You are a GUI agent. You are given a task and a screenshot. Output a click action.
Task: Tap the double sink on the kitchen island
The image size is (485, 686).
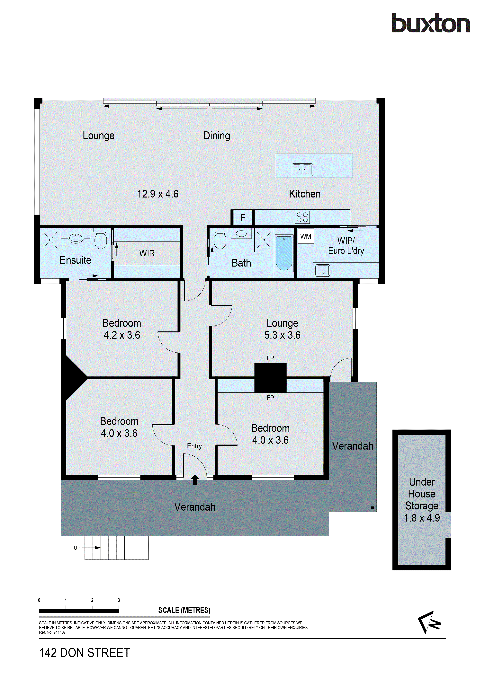(302, 170)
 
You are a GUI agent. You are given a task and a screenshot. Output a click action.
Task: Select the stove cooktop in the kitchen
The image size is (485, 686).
(302, 217)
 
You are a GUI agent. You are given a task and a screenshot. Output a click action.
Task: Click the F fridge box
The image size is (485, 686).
(243, 217)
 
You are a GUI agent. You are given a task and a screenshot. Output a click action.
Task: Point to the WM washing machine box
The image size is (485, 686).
(305, 236)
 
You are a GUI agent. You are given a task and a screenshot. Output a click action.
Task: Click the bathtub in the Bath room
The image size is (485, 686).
(284, 253)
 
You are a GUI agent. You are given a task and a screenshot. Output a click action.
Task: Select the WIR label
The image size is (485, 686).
(147, 253)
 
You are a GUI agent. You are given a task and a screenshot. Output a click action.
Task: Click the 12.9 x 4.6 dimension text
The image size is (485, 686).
(157, 194)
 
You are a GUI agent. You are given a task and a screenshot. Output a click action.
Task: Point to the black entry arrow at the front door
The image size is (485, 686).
(195, 479)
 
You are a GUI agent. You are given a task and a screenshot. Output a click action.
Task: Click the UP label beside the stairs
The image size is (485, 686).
(77, 548)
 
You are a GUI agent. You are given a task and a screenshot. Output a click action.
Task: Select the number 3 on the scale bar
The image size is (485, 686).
(119, 600)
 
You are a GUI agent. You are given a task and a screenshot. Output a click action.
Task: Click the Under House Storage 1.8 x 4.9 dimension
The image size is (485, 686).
(422, 518)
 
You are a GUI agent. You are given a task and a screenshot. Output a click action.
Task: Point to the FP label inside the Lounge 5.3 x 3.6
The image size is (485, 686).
(270, 358)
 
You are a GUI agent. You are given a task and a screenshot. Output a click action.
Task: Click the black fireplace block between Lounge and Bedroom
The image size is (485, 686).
(270, 377)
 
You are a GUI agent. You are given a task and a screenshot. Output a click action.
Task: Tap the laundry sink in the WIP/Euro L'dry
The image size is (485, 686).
(322, 270)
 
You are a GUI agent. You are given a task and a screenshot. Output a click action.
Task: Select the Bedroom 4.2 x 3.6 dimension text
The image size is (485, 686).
(122, 335)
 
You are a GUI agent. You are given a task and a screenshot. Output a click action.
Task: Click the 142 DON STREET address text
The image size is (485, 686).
(85, 653)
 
